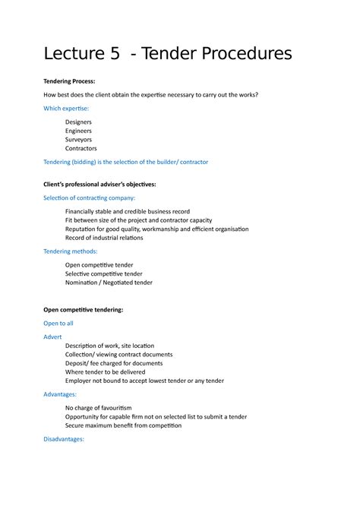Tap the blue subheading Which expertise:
click(x=71, y=109)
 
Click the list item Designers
click(x=80, y=122)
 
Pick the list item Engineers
click(x=79, y=131)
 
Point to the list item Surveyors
click(x=79, y=140)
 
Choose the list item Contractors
click(x=81, y=149)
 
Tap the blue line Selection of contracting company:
click(x=94, y=198)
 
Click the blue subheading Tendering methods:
click(x=71, y=251)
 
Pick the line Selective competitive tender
click(x=104, y=273)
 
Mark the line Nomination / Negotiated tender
click(x=109, y=283)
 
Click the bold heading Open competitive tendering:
click(x=84, y=310)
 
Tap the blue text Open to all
click(x=58, y=323)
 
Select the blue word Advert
click(x=52, y=336)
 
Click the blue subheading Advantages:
click(x=64, y=395)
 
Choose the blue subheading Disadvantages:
click(x=68, y=439)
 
